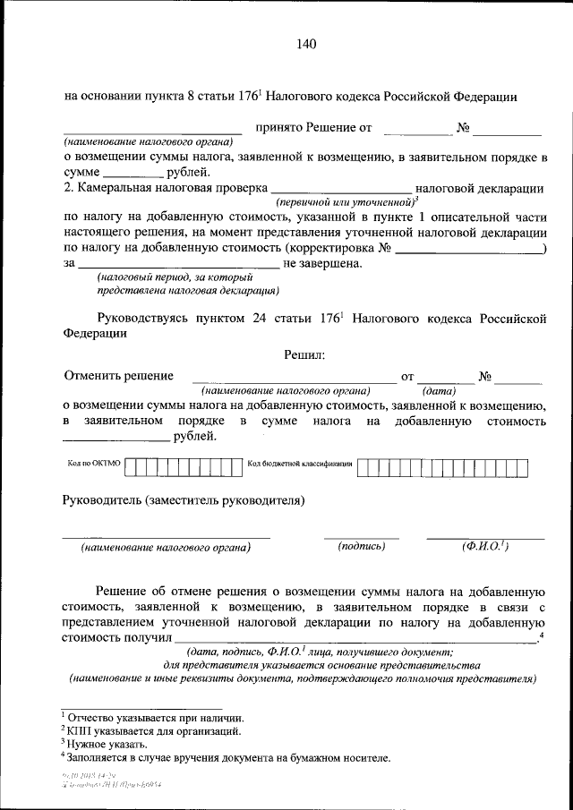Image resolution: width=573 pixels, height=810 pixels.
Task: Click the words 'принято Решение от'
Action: tap(313, 128)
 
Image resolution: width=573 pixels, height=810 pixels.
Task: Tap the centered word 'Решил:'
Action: tap(304, 355)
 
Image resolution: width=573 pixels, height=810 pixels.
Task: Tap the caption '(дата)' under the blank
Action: tap(439, 391)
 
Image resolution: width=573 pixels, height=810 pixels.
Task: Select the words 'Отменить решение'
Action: tap(118, 377)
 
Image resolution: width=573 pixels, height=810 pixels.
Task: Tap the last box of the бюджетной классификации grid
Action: tap(521, 465)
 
